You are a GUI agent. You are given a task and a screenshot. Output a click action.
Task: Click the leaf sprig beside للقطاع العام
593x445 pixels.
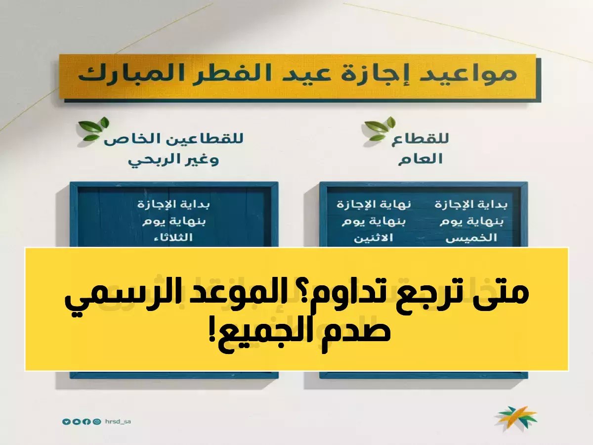[x=380, y=130]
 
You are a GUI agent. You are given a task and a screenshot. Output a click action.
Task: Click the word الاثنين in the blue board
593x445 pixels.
[x=374, y=238]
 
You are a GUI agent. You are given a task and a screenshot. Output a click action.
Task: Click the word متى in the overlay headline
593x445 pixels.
[x=502, y=298]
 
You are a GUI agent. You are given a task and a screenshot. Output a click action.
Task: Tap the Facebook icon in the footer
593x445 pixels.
[x=86, y=422]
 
